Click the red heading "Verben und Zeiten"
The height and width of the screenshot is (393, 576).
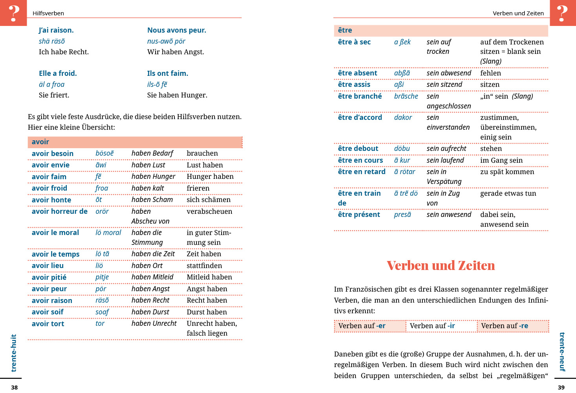point(440,266)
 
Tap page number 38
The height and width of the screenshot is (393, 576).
point(14,387)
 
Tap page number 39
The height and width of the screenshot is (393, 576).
point(561,387)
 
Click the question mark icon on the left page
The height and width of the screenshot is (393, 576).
point(13,13)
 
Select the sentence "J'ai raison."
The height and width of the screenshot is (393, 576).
point(56,30)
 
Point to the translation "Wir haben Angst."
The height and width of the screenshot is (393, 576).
point(176,52)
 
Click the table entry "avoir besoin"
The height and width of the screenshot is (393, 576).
point(53,154)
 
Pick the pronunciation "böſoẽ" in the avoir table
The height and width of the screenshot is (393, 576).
point(105,153)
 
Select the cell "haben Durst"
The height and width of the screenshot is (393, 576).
point(150,312)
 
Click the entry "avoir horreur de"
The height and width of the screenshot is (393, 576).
point(60,211)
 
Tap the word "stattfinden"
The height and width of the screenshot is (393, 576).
point(204,266)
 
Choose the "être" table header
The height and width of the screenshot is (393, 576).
point(345,30)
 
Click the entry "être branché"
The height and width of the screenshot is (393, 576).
point(360,96)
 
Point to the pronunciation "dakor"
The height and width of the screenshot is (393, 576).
point(403,118)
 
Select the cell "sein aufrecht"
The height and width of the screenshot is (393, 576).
point(446,149)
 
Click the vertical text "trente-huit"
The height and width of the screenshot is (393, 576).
point(14,353)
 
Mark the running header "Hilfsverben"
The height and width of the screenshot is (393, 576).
point(48,13)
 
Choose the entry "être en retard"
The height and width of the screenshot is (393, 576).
point(362,172)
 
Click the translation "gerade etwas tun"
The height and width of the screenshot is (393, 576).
point(508,193)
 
